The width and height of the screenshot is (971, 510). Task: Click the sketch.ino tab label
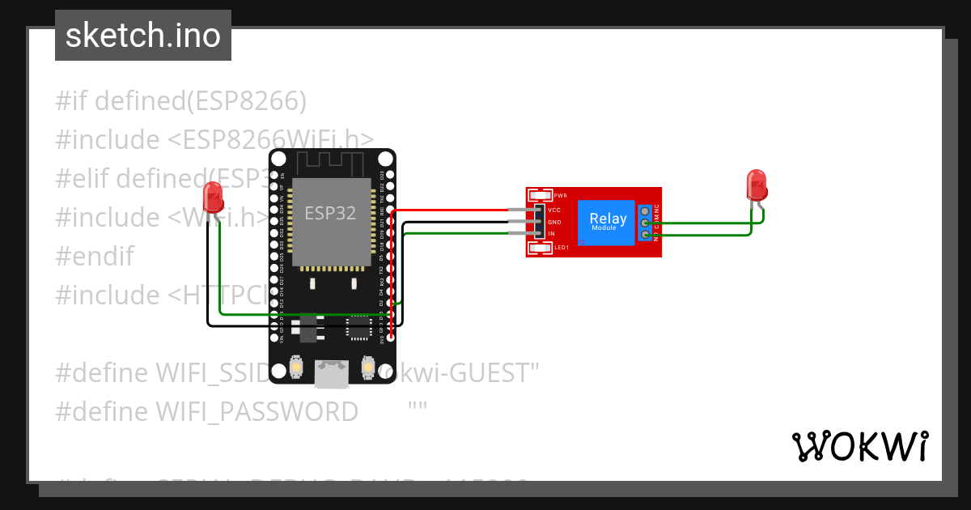click(x=142, y=36)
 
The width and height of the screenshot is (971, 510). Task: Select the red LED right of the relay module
click(x=756, y=185)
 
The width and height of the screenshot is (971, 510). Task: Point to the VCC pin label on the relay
click(x=554, y=210)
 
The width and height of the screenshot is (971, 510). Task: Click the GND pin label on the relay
click(x=554, y=222)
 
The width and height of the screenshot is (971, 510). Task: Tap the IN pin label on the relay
click(x=552, y=234)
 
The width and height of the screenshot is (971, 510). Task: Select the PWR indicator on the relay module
click(x=541, y=195)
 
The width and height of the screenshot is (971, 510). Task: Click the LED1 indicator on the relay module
click(x=541, y=248)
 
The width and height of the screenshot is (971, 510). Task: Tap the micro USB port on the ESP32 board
click(x=332, y=374)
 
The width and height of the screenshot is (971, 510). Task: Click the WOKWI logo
click(x=859, y=446)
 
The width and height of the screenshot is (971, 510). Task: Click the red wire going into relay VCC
click(x=461, y=210)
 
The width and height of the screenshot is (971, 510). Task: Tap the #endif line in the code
click(x=95, y=256)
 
